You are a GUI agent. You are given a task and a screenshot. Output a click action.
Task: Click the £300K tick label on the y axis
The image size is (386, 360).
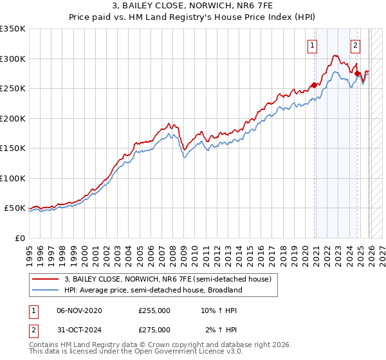coord(13,59)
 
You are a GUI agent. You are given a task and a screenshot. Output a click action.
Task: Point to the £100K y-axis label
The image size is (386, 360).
coord(13,178)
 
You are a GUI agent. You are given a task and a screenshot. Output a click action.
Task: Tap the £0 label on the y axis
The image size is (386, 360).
coord(20,238)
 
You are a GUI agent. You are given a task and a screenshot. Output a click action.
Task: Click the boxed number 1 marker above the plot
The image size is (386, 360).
coord(313,45)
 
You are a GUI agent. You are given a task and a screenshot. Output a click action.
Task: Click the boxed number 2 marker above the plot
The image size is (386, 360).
coord(355,45)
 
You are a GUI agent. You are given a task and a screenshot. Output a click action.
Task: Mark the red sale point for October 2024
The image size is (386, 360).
coord(358,74)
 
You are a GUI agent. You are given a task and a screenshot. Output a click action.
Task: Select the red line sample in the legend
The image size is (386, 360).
coord(46,280)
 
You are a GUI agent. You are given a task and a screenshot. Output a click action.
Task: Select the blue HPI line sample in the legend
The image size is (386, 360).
coord(46,290)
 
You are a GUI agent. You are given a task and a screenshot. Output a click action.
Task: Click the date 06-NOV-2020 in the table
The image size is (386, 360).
coord(80,310)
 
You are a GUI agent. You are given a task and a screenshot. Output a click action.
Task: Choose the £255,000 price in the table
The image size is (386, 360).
coord(154,310)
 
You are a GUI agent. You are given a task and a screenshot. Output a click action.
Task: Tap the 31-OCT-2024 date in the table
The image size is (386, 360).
coord(80,330)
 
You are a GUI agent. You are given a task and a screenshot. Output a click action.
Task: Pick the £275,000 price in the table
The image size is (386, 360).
coord(154,330)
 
